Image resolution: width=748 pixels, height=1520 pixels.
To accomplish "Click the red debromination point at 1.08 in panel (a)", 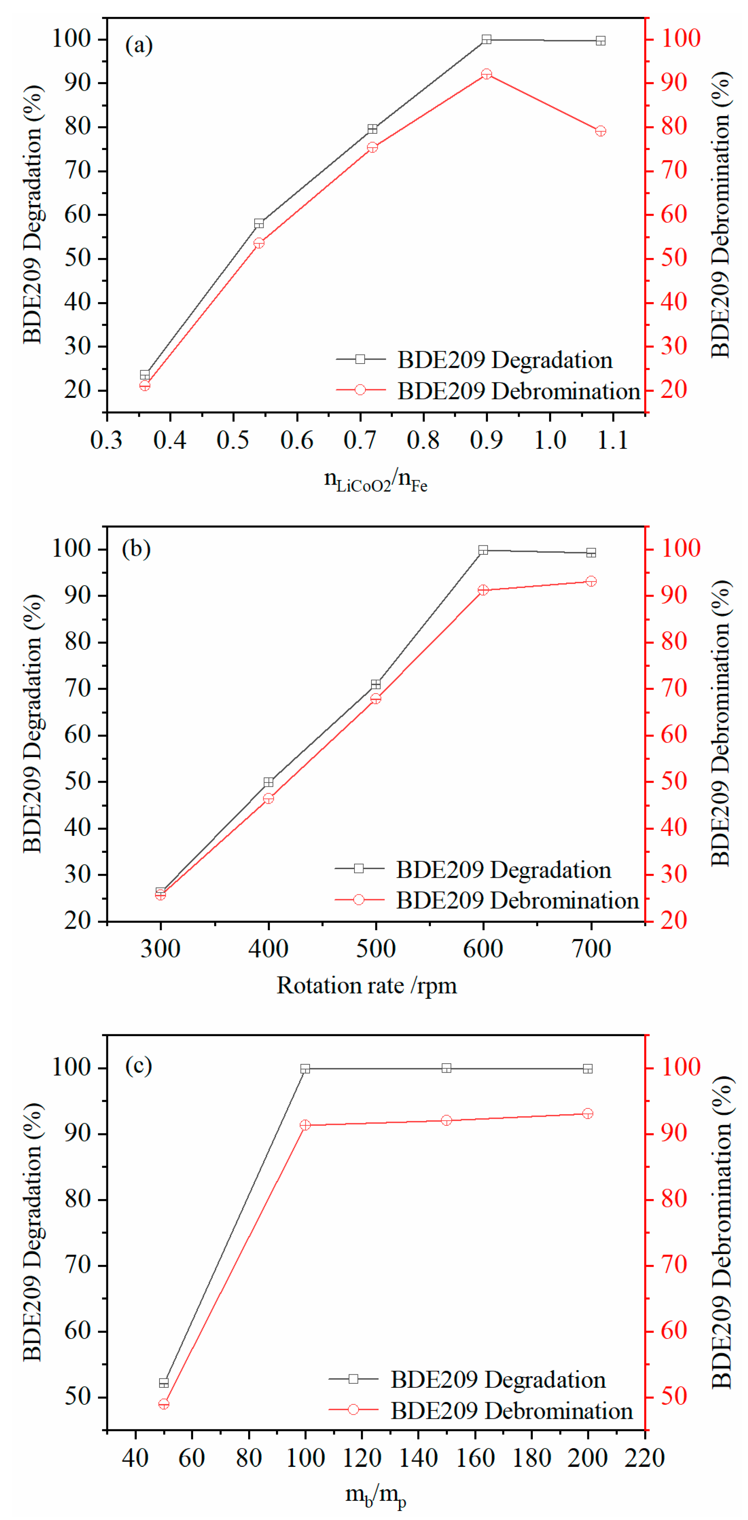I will click(x=600, y=131).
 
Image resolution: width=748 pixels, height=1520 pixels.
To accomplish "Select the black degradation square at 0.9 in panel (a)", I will click(x=486, y=39).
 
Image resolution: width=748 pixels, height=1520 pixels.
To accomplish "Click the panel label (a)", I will click(x=139, y=45).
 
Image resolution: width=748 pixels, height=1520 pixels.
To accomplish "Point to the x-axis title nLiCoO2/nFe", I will click(x=375, y=480).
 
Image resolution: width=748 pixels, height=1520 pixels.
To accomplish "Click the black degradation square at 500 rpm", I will click(x=375, y=684).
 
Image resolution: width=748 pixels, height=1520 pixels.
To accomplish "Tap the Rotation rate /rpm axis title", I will click(x=367, y=986).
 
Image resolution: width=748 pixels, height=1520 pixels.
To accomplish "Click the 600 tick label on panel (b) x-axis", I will click(x=483, y=949).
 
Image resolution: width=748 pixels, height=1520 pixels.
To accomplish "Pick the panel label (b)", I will click(x=136, y=549).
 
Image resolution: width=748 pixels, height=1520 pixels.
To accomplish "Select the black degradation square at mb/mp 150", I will click(x=446, y=1068).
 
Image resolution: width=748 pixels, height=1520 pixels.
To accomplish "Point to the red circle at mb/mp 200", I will click(x=587, y=1113).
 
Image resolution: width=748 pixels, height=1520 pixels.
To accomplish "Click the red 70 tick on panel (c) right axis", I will click(x=673, y=1264).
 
